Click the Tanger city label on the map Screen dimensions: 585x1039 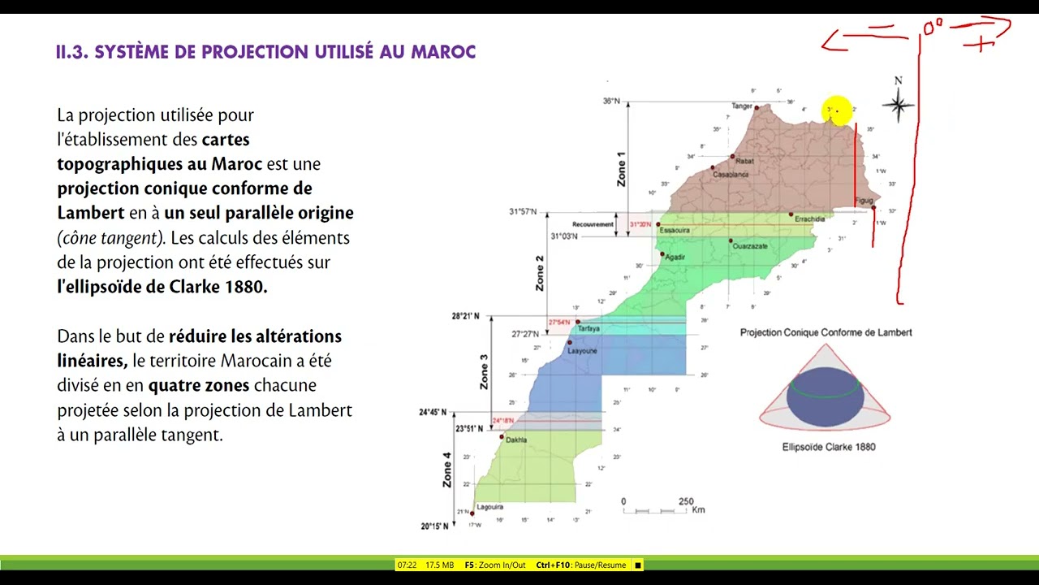[742, 106]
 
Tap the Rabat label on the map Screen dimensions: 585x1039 [744, 161]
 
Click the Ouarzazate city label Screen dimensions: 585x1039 [750, 246]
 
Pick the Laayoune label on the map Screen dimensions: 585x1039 [582, 351]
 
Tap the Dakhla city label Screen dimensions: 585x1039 [516, 440]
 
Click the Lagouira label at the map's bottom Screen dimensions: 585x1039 [490, 507]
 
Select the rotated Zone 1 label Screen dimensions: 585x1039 [622, 169]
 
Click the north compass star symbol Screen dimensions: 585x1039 [898, 105]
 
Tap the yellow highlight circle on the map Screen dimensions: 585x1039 [837, 110]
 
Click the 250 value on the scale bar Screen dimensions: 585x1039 [686, 501]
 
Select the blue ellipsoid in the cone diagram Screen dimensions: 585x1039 [825, 398]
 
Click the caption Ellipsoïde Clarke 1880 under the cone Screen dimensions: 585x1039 [829, 447]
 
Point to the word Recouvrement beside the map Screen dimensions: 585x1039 [592, 223]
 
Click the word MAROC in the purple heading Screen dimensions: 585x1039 [444, 52]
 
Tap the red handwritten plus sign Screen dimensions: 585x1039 [984, 44]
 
